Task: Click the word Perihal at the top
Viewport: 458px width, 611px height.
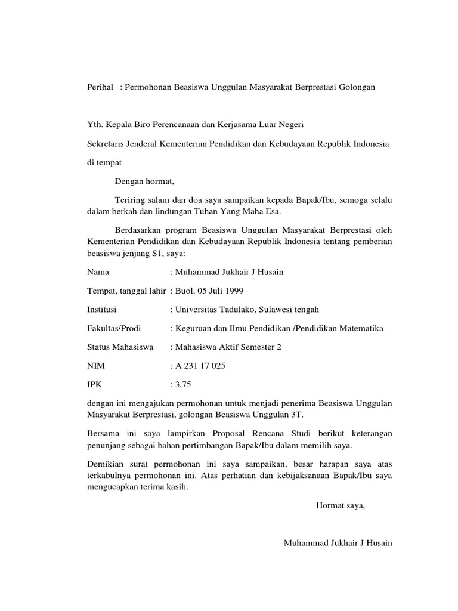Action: tap(100, 87)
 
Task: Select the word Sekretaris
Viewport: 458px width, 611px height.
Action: tap(105, 144)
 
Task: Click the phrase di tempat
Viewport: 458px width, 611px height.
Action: tap(104, 162)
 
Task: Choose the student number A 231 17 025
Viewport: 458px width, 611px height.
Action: tap(200, 365)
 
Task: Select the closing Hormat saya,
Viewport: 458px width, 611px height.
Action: tap(340, 506)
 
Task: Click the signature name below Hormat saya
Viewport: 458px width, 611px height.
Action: tap(338, 543)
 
